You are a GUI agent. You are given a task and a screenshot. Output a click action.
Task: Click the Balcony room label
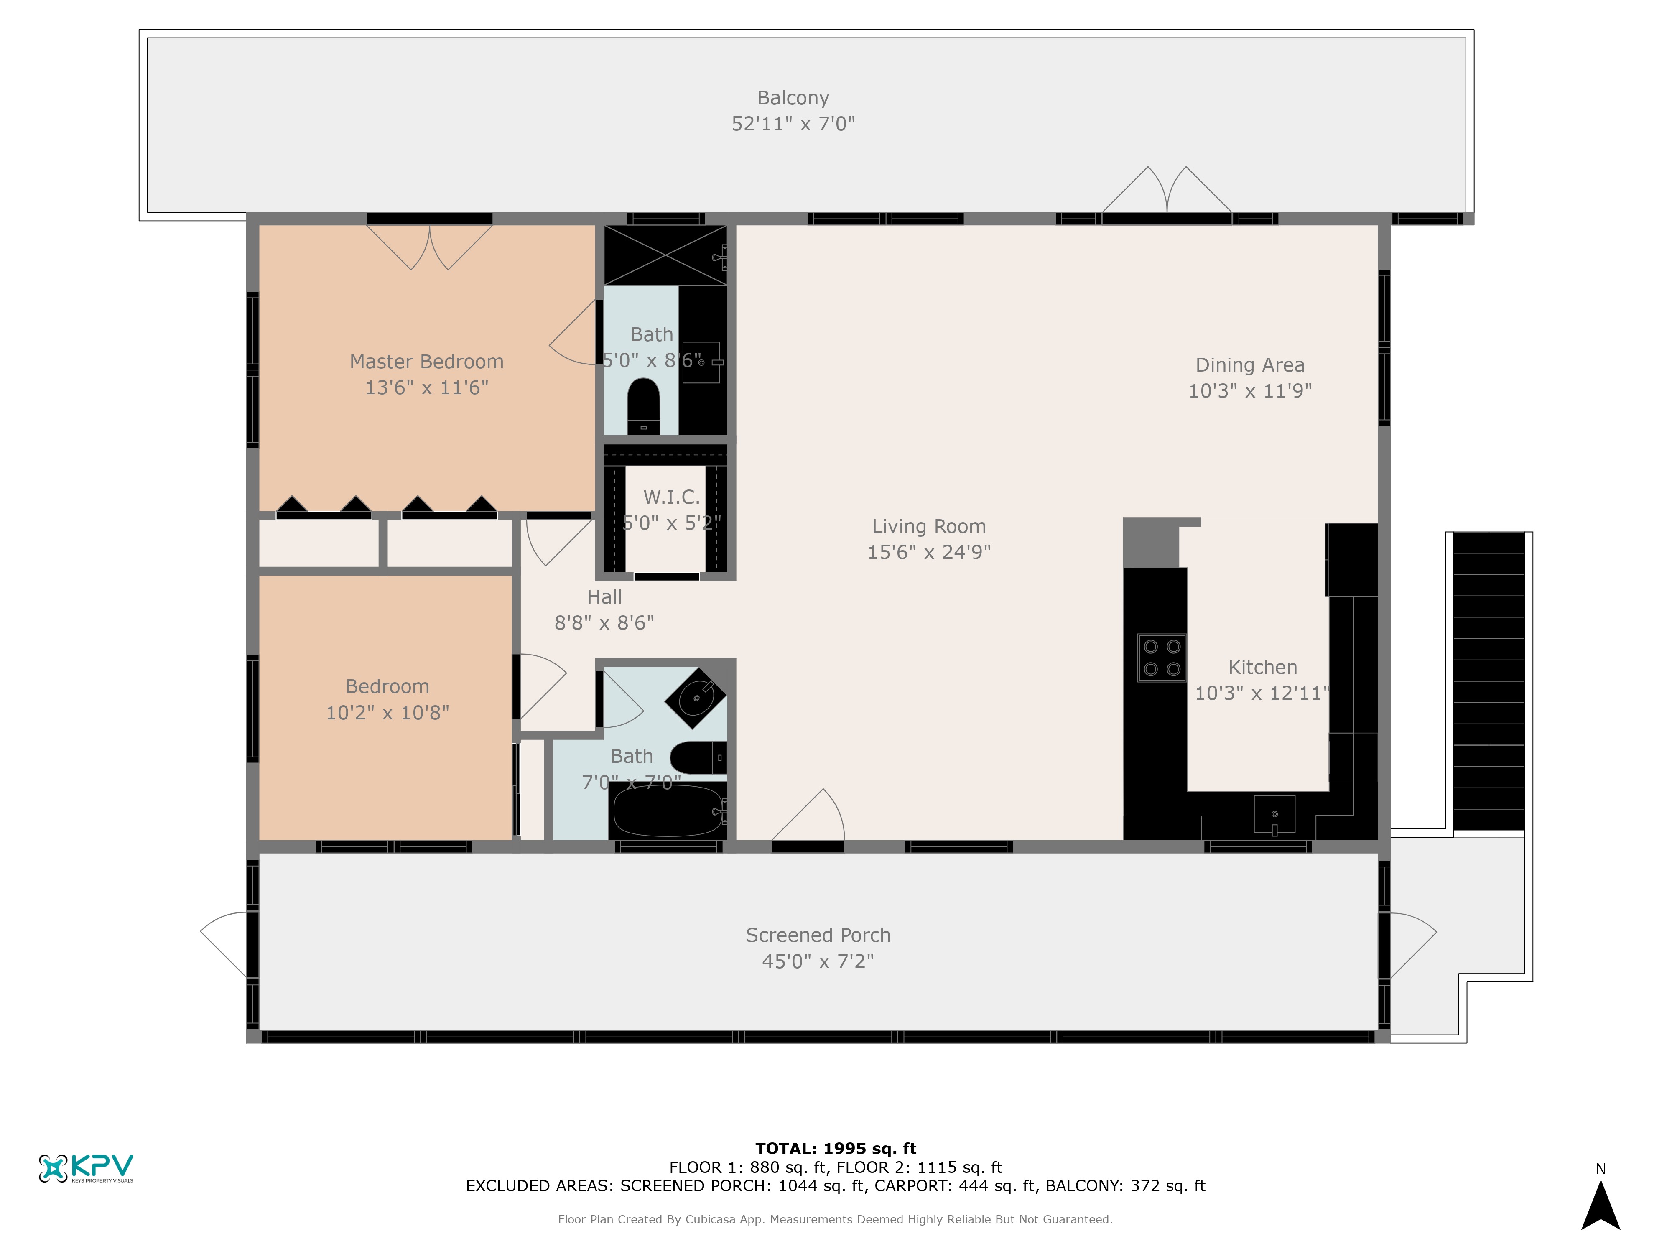(793, 98)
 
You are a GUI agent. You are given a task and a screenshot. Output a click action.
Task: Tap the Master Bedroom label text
(426, 362)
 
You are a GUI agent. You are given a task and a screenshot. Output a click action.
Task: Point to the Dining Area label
(1249, 365)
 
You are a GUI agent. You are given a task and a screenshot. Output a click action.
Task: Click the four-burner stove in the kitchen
(1162, 658)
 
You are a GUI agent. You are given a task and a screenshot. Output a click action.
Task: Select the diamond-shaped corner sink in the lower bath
(696, 698)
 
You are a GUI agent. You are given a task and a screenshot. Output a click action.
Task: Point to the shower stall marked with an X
(665, 255)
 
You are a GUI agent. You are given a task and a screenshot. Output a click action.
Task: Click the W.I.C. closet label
(671, 497)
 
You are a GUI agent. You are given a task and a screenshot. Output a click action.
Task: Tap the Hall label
(605, 597)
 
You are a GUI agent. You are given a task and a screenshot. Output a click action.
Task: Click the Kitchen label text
(1262, 668)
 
